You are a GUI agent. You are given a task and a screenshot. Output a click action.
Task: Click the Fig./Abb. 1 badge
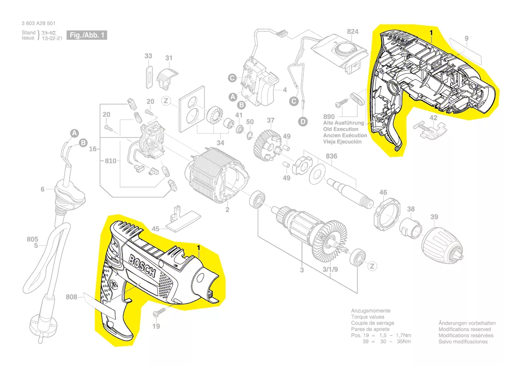point(87,35)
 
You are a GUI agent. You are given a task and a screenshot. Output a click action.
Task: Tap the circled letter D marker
point(303,121)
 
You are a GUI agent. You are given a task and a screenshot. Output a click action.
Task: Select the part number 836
point(331,156)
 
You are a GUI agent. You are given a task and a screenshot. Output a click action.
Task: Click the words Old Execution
point(341,129)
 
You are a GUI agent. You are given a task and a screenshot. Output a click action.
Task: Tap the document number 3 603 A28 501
point(38,23)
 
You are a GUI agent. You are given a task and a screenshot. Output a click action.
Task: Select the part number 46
point(383,192)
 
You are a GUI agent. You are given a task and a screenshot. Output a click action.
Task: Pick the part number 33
point(148,56)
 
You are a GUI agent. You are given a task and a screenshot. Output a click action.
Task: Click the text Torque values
point(367,317)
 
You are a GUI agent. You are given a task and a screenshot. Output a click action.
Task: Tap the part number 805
point(32,240)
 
